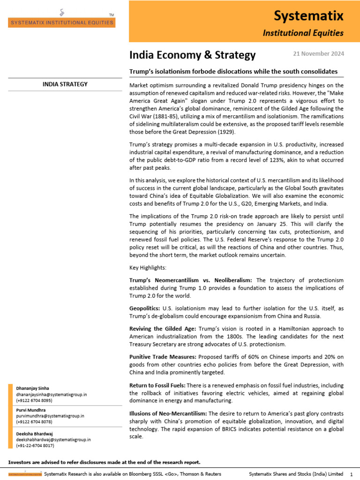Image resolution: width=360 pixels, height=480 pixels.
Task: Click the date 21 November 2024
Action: coord(318,54)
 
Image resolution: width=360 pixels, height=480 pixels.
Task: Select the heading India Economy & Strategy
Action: coord(193,55)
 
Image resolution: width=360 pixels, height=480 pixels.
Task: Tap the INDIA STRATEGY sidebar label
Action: coord(65,84)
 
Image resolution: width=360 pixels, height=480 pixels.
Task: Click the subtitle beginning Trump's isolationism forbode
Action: coord(233,71)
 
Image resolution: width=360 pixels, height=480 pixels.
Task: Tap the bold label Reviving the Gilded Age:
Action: coord(161,329)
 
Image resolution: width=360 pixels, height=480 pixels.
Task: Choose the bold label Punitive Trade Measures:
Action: coord(163,357)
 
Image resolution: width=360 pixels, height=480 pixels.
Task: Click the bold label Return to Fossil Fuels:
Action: coord(160,385)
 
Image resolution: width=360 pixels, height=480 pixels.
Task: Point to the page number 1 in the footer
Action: coord(351,474)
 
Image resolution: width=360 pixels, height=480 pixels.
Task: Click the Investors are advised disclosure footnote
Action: coord(104,462)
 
